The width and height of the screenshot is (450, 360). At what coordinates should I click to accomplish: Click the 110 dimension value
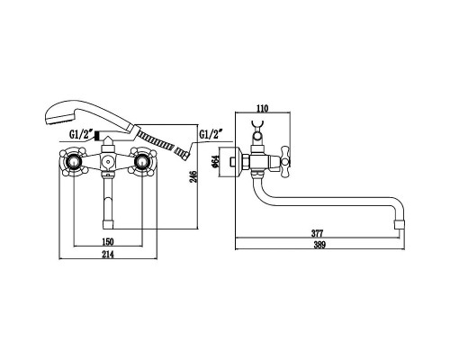click(x=262, y=108)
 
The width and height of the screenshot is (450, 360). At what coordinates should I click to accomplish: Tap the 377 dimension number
click(x=317, y=233)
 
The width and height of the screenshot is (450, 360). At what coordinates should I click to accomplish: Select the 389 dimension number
click(x=319, y=245)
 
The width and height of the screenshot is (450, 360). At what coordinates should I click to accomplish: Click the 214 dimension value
click(x=108, y=255)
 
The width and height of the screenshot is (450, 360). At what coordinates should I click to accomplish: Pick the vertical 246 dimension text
click(x=193, y=176)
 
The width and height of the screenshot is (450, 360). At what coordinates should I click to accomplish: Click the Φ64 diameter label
click(x=214, y=161)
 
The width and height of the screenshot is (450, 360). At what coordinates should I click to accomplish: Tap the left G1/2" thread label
click(x=80, y=135)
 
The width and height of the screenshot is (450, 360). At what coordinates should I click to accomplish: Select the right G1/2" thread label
click(x=211, y=134)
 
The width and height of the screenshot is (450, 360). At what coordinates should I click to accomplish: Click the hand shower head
click(x=60, y=113)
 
